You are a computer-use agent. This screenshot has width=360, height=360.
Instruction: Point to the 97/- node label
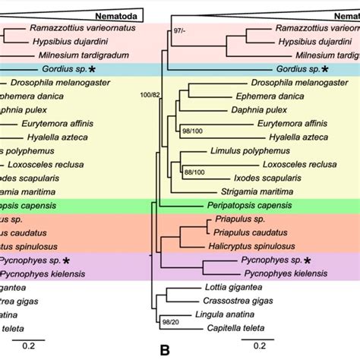(x=179, y=30)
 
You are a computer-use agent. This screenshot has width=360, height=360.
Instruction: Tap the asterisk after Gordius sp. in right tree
(x=324, y=68)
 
